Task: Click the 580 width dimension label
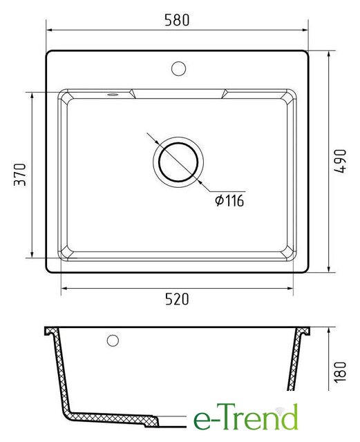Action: click(x=177, y=20)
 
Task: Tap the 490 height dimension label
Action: click(x=340, y=161)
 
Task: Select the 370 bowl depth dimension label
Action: click(x=20, y=175)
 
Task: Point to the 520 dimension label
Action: click(x=177, y=299)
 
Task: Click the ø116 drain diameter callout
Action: click(x=229, y=200)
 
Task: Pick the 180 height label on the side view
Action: click(x=340, y=372)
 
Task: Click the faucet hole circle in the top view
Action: click(x=178, y=68)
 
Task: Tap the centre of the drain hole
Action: click(x=178, y=162)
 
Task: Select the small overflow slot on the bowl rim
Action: click(x=113, y=95)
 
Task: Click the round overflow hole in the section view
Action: click(x=113, y=340)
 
